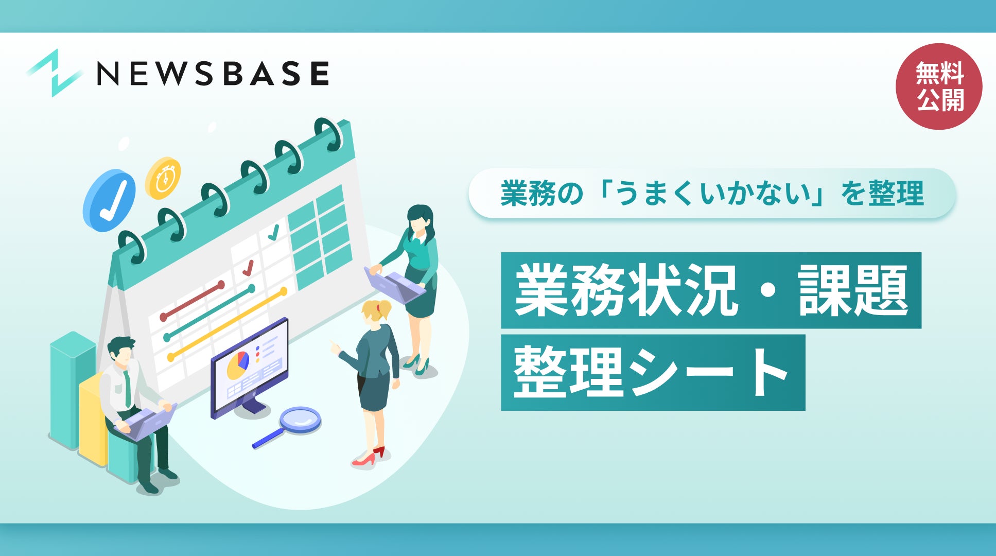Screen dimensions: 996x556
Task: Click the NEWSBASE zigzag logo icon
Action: tap(55, 73)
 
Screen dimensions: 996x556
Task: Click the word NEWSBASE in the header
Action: tap(213, 73)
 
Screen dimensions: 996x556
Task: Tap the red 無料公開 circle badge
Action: tap(939, 86)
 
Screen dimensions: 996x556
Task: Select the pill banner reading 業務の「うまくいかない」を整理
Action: tap(712, 194)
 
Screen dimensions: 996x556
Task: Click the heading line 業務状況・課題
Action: tap(711, 290)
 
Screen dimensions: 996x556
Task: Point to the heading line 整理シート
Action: tap(653, 372)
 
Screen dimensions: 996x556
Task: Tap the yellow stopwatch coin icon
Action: tap(163, 178)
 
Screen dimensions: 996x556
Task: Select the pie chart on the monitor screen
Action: tap(238, 364)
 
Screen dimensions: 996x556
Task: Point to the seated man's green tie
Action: tap(127, 389)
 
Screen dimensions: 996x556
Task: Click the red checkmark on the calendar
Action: tap(248, 268)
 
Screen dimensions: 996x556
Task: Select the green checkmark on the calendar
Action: tap(273, 232)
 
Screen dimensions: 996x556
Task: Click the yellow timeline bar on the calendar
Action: tap(227, 324)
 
